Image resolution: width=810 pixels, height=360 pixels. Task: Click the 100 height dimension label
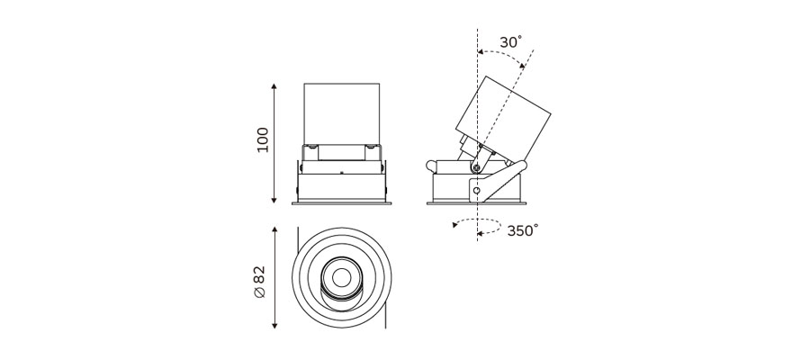tap(263, 139)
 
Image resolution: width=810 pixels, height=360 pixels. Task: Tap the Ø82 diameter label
tap(259, 282)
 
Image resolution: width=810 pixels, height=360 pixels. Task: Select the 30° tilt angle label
tap(510, 42)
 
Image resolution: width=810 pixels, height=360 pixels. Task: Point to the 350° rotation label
tap(522, 230)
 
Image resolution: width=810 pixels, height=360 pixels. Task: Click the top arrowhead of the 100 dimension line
tap(274, 86)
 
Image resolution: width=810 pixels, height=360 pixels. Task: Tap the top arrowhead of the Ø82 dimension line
tap(274, 229)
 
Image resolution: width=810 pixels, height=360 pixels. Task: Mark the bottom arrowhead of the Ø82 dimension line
tap(274, 326)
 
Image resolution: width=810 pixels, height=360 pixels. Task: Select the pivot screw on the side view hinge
tap(476, 166)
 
